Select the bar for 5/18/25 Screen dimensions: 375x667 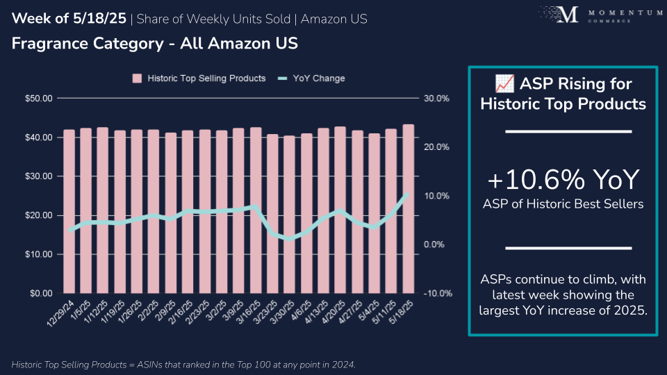pyautogui.click(x=409, y=208)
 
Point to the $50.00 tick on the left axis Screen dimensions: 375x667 pyautogui.click(x=38, y=99)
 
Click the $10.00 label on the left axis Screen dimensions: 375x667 pyautogui.click(x=38, y=254)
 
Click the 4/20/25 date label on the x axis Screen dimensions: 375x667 pyautogui.click(x=333, y=315)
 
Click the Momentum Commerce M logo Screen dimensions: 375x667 pyautogui.click(x=568, y=16)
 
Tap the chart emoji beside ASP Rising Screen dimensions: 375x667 pyautogui.click(x=504, y=85)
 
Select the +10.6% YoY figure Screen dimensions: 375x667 pyautogui.click(x=563, y=181)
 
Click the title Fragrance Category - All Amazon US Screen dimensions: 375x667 pyautogui.click(x=154, y=44)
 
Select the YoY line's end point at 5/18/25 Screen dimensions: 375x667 pyautogui.click(x=409, y=194)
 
